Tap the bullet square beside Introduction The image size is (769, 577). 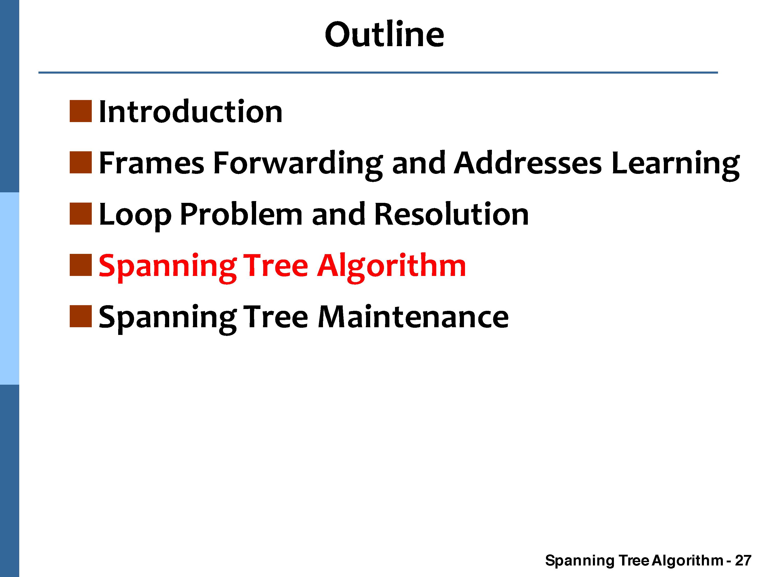click(81, 111)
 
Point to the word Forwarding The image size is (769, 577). click(298, 165)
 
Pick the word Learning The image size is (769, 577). click(675, 165)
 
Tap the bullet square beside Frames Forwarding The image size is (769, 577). click(81, 162)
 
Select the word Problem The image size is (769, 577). click(241, 214)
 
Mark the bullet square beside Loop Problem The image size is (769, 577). click(81, 214)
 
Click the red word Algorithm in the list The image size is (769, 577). click(391, 267)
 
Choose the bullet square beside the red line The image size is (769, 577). click(81, 265)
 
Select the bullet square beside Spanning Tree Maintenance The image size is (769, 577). click(81, 316)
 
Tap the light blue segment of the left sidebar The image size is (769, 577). click(9, 288)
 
